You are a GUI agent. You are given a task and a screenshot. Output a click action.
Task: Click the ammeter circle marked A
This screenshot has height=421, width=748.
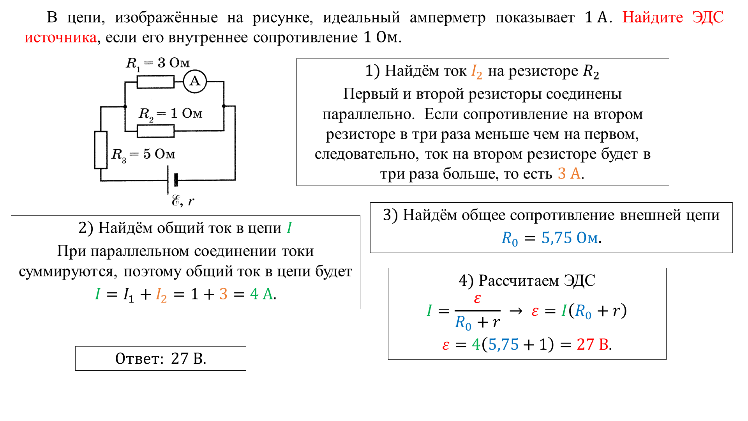[x=195, y=81]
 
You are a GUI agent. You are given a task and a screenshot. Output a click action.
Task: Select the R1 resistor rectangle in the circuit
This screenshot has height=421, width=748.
[x=155, y=82]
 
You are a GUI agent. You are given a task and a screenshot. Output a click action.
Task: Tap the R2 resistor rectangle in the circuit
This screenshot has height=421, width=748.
[x=155, y=131]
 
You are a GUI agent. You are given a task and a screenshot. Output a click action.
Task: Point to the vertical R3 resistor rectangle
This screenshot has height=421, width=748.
[x=101, y=150]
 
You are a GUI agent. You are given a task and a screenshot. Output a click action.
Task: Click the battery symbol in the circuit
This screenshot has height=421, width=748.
[x=172, y=180]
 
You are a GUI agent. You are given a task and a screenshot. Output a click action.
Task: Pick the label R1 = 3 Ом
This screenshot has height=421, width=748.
[x=158, y=64]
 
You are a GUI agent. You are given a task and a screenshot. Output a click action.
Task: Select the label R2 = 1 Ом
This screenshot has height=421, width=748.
[x=171, y=114]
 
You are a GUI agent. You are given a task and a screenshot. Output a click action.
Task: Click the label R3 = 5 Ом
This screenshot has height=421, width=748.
[x=143, y=155]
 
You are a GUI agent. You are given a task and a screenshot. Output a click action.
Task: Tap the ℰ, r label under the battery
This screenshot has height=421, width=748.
[x=183, y=201]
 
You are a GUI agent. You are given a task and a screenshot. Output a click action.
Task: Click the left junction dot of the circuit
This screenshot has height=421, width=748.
[x=125, y=106]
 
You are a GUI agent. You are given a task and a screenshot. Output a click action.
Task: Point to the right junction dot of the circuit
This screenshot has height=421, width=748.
[x=224, y=106]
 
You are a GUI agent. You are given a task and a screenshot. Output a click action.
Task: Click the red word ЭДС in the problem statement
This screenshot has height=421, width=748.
[x=708, y=18]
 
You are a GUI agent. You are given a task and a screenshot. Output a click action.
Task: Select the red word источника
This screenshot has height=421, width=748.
[x=60, y=38]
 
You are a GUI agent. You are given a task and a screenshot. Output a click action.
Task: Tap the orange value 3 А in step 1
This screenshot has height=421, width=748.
[x=569, y=174]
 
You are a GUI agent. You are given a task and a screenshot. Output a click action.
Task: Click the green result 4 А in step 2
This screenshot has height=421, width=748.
[x=261, y=294]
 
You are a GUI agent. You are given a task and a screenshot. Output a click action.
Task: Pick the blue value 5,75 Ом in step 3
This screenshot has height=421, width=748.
[x=570, y=238]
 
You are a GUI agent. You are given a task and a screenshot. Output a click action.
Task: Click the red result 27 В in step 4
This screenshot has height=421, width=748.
[x=593, y=345]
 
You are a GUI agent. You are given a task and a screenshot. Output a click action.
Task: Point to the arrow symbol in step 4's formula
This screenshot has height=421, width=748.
[x=516, y=311]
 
